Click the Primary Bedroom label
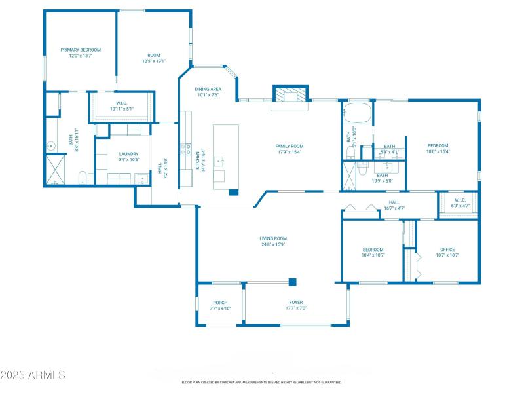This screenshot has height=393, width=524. tap(81, 50)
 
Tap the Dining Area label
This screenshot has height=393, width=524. tap(208, 88)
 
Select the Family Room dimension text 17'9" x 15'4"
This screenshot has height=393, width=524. tap(289, 152)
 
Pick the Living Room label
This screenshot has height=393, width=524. tap(273, 238)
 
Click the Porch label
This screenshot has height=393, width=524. tap(219, 303)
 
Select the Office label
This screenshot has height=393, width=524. tap(447, 249)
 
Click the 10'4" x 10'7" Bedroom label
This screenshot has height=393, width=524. tap(373, 249)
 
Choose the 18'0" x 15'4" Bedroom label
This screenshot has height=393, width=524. tap(438, 145)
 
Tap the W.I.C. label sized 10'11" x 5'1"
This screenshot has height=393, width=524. tap(121, 103)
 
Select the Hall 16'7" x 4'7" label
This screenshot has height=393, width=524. tap(394, 202)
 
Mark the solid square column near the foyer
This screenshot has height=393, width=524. tap(293, 282)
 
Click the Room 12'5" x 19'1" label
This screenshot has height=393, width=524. tap(154, 56)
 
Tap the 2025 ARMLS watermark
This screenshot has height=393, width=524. tap(33, 375)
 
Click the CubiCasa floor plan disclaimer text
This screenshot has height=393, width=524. tap(261, 382)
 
